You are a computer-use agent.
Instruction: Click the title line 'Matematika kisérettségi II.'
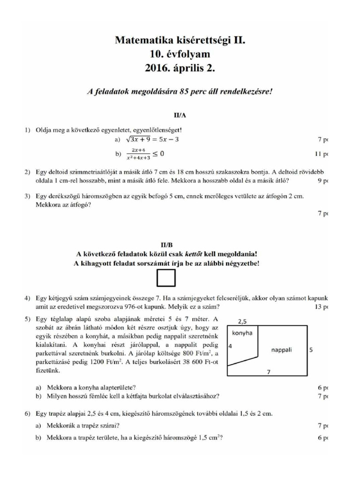[180, 41]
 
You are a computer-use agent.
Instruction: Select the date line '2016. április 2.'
[180, 68]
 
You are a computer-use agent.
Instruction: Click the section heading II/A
[180, 114]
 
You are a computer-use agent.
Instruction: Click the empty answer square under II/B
[166, 279]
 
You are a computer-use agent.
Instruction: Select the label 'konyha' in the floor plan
[242, 333]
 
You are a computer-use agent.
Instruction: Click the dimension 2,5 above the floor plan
[242, 321]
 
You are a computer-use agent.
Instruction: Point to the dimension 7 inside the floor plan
[268, 371]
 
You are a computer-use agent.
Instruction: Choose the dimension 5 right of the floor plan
[310, 350]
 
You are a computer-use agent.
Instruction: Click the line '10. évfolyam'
[180, 54]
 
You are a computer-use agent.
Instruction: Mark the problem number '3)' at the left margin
[28, 196]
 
